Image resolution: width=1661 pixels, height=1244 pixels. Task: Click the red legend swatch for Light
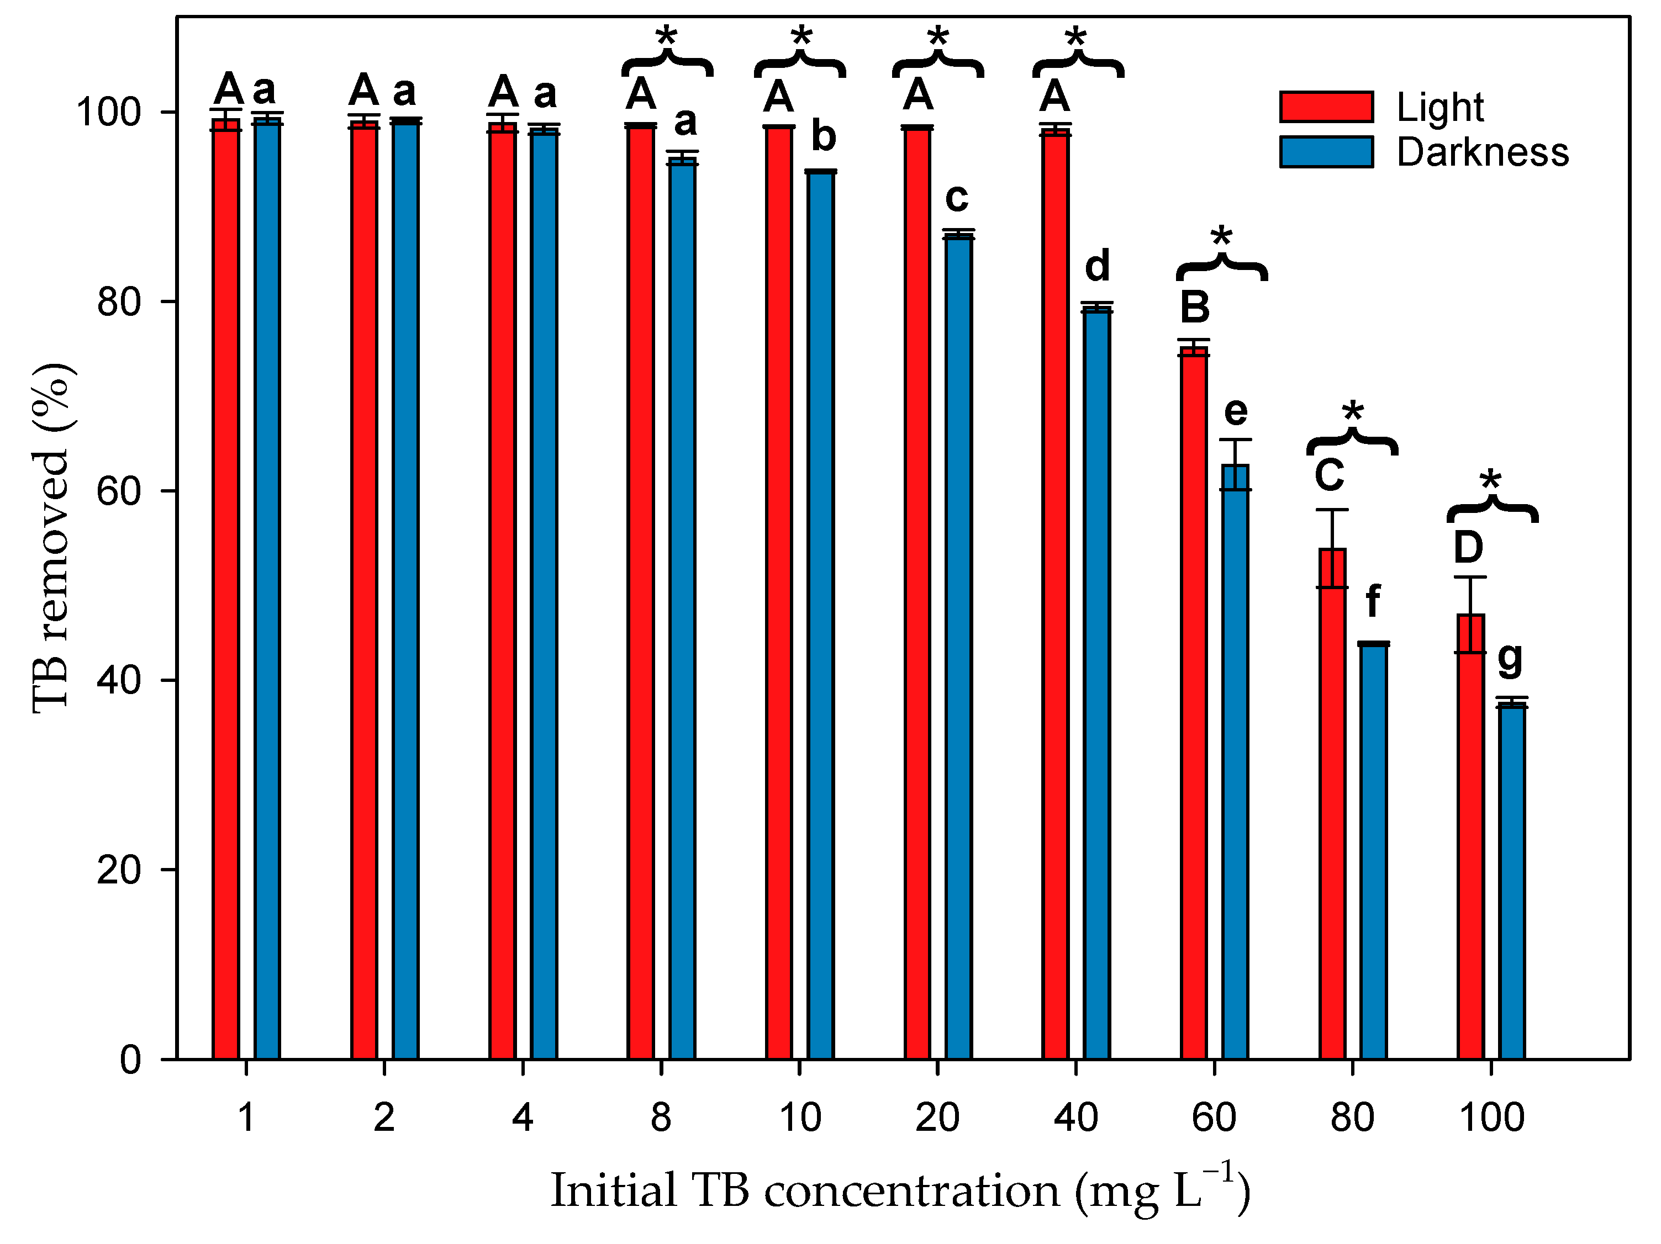pyautogui.click(x=1326, y=107)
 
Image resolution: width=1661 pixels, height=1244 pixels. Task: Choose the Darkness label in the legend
pyautogui.click(x=1482, y=152)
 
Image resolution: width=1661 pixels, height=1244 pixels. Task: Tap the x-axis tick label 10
pyautogui.click(x=800, y=1117)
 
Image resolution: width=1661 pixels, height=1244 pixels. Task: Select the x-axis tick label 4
pyautogui.click(x=523, y=1117)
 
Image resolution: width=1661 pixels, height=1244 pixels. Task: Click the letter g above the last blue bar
pyautogui.click(x=1510, y=659)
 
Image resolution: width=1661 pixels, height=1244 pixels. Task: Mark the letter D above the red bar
pyautogui.click(x=1469, y=547)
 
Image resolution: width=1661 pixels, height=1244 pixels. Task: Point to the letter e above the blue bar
pyautogui.click(x=1235, y=411)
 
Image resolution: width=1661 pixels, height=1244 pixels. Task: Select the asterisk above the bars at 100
pyautogui.click(x=1490, y=482)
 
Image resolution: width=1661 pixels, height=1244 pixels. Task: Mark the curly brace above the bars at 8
pyautogui.click(x=667, y=65)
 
